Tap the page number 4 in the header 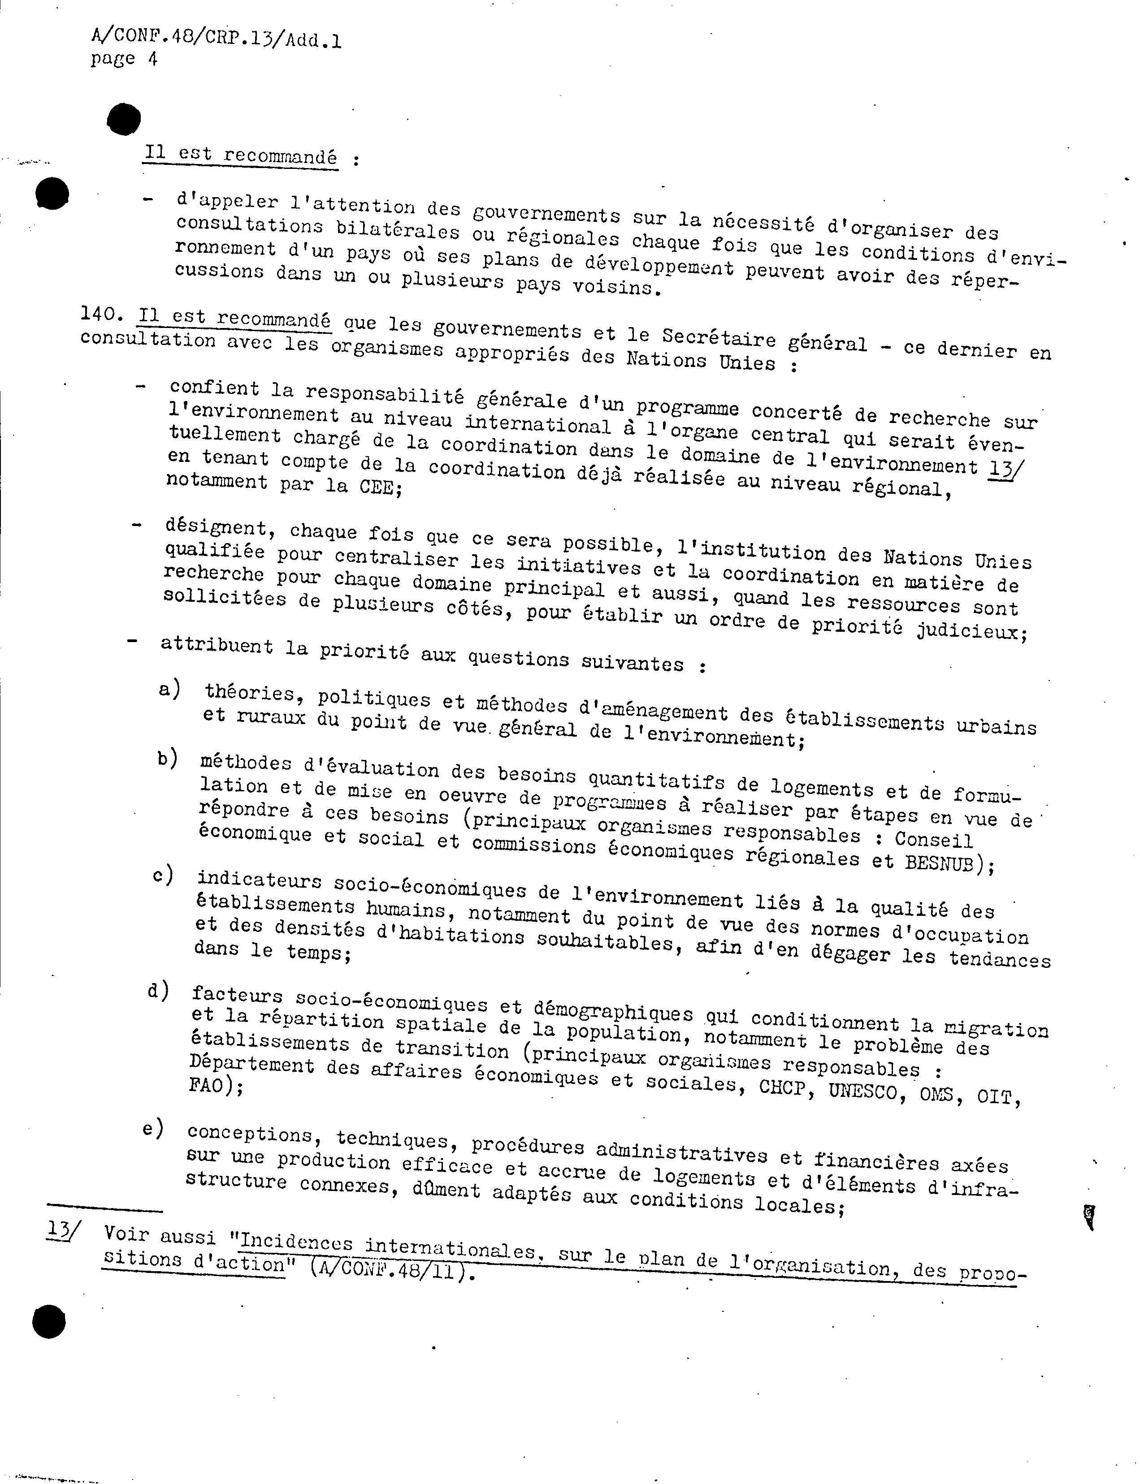click(152, 59)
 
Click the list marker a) click(169, 689)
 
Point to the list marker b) click(167, 758)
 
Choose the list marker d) click(158, 991)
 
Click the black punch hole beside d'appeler click(52, 194)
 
